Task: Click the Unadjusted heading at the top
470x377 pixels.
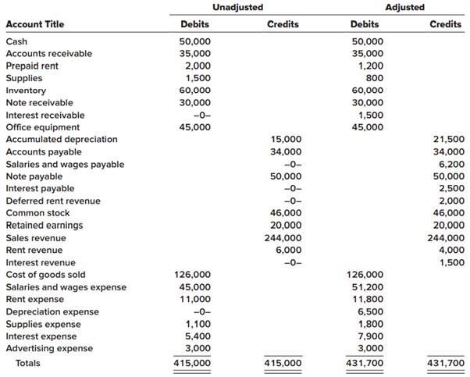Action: (x=238, y=8)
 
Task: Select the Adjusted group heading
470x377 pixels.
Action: (x=405, y=8)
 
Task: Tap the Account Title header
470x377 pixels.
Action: (x=35, y=24)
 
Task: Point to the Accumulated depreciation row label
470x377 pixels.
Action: (x=62, y=139)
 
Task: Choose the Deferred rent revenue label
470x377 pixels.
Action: (x=53, y=201)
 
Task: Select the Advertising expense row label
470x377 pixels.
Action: (x=49, y=348)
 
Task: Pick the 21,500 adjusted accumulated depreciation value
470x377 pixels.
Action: (x=448, y=139)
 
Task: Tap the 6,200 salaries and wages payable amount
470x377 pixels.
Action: (x=451, y=164)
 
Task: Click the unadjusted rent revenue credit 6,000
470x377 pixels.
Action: (x=287, y=250)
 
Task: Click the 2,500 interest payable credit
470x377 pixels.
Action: (x=451, y=188)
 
